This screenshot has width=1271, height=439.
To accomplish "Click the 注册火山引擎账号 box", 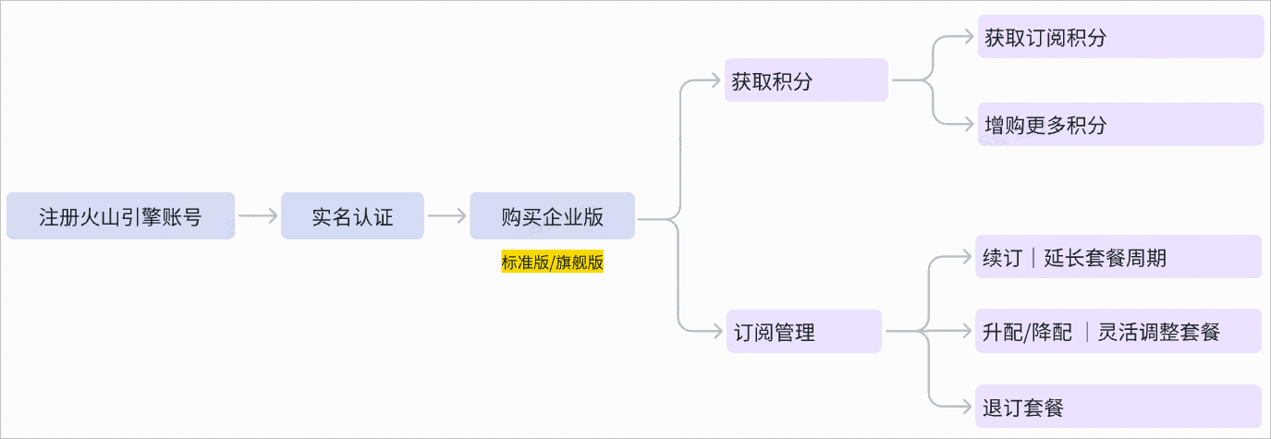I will (120, 216).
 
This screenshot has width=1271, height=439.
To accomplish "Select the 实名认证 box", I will (352, 216).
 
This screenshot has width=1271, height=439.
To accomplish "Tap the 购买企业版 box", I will (552, 216).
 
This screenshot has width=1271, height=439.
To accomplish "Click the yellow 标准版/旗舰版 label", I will (552, 262).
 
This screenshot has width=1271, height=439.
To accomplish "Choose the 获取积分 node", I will (806, 80).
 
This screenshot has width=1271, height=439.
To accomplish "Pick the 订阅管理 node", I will (802, 331).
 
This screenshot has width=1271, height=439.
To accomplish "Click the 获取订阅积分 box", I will (1120, 37).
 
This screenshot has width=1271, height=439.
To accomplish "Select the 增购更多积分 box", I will (1120, 124).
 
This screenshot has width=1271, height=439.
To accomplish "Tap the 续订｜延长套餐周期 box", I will (1118, 257).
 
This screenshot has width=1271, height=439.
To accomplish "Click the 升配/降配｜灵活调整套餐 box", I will (1118, 331).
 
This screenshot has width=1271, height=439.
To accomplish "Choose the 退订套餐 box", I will (1118, 406).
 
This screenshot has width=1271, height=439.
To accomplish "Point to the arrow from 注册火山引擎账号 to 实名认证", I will (258, 216).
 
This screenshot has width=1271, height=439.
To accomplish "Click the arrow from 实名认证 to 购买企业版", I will (447, 216).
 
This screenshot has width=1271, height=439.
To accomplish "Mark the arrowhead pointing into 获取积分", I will (716, 80).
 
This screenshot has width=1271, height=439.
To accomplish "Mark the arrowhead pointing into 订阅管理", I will (716, 330).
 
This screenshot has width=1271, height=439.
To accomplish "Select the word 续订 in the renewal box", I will (1002, 257).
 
